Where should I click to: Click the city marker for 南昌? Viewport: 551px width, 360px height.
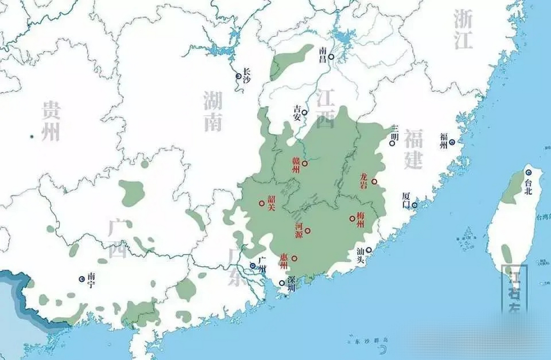(331, 57)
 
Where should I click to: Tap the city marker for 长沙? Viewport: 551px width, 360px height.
(239, 76)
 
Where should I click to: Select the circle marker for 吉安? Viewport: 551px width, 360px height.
(304, 112)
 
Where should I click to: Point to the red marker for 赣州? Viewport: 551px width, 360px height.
(305, 163)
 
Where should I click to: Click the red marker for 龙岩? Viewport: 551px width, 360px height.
(374, 182)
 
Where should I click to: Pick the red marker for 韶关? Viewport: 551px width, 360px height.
(262, 203)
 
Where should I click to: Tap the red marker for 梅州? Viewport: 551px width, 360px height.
(352, 219)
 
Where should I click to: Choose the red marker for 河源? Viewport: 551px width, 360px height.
(308, 231)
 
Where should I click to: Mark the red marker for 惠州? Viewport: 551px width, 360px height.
(294, 258)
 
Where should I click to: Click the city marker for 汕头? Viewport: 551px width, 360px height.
(369, 250)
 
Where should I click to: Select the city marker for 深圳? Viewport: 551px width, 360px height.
(282, 283)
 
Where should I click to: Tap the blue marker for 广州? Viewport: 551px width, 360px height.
(253, 266)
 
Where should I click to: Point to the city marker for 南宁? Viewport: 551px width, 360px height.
(82, 279)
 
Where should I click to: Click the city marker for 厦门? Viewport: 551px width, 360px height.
(415, 205)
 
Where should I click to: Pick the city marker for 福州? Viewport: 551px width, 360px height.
(452, 142)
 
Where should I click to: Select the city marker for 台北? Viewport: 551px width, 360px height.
(529, 172)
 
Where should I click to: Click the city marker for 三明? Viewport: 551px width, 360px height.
(392, 143)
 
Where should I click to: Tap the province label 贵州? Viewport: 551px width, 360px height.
(51, 121)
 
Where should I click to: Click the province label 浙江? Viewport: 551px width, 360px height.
(463, 29)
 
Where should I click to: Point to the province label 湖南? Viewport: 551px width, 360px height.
(213, 111)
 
